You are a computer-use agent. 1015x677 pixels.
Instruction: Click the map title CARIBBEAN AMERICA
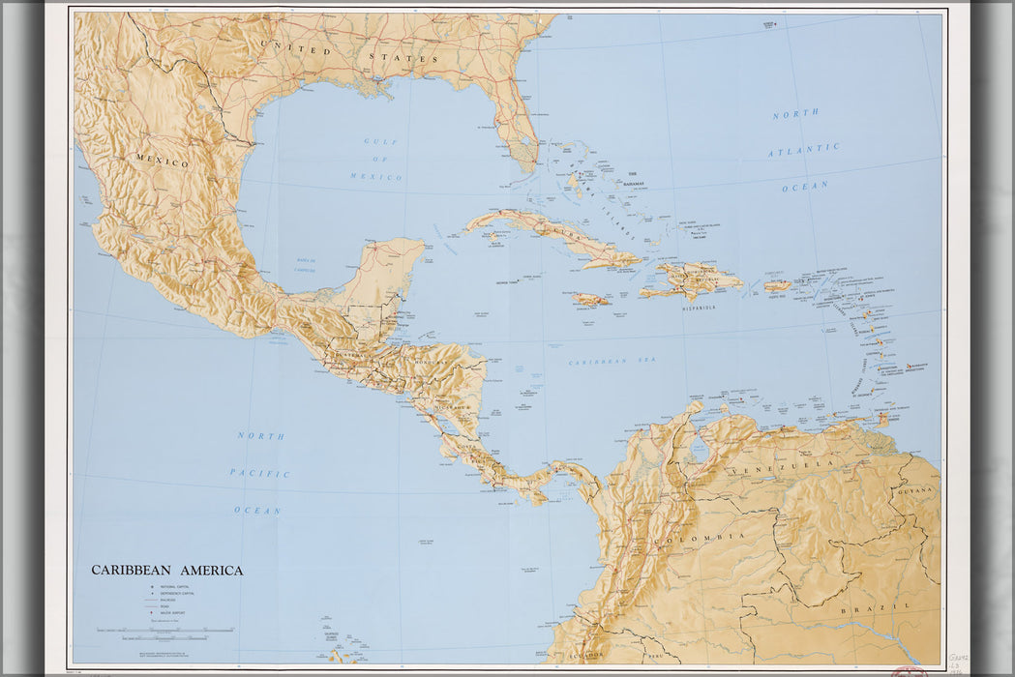pyautogui.click(x=167, y=571)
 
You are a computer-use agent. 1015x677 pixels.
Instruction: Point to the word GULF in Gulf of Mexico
pyautogui.click(x=380, y=141)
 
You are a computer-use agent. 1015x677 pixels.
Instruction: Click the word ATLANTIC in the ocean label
pyautogui.click(x=804, y=151)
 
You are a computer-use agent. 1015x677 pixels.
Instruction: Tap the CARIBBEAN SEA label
pyautogui.click(x=612, y=361)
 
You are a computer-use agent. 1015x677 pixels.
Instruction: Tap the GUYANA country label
pyautogui.click(x=916, y=490)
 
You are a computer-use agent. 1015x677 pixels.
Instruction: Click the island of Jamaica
pyautogui.click(x=590, y=300)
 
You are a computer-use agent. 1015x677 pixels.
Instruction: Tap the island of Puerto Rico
pyautogui.click(x=777, y=285)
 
